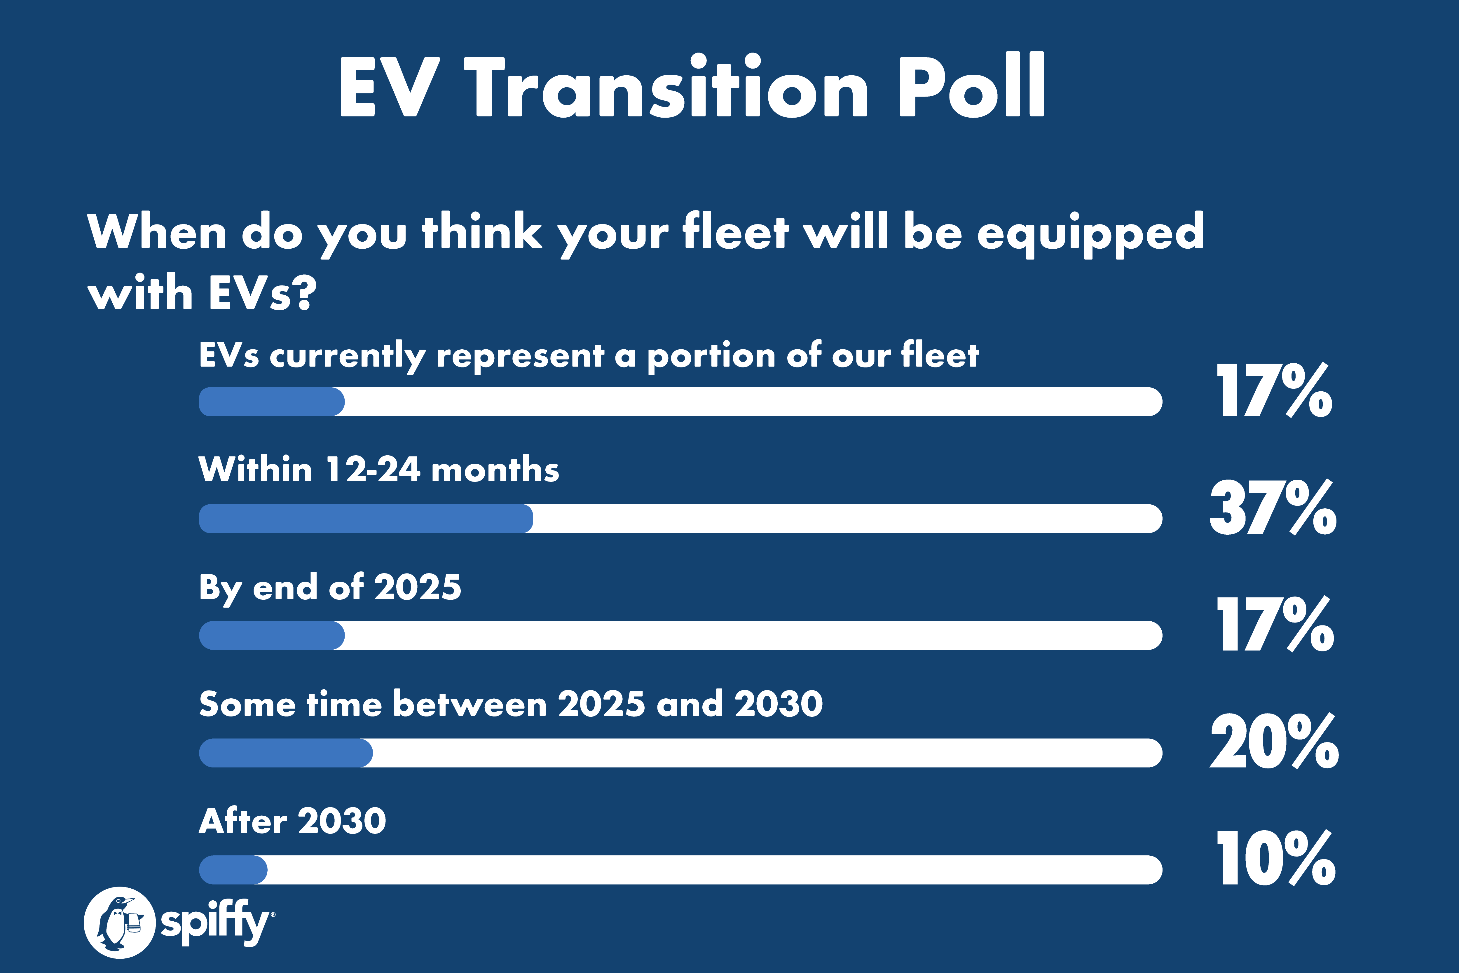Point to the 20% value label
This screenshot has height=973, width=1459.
point(1274,741)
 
